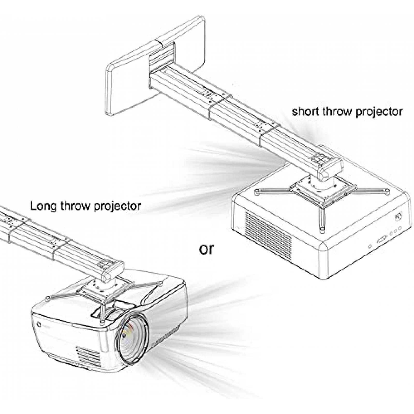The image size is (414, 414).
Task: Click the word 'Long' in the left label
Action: [x=43, y=206]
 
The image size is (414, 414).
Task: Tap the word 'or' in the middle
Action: [x=206, y=249]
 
